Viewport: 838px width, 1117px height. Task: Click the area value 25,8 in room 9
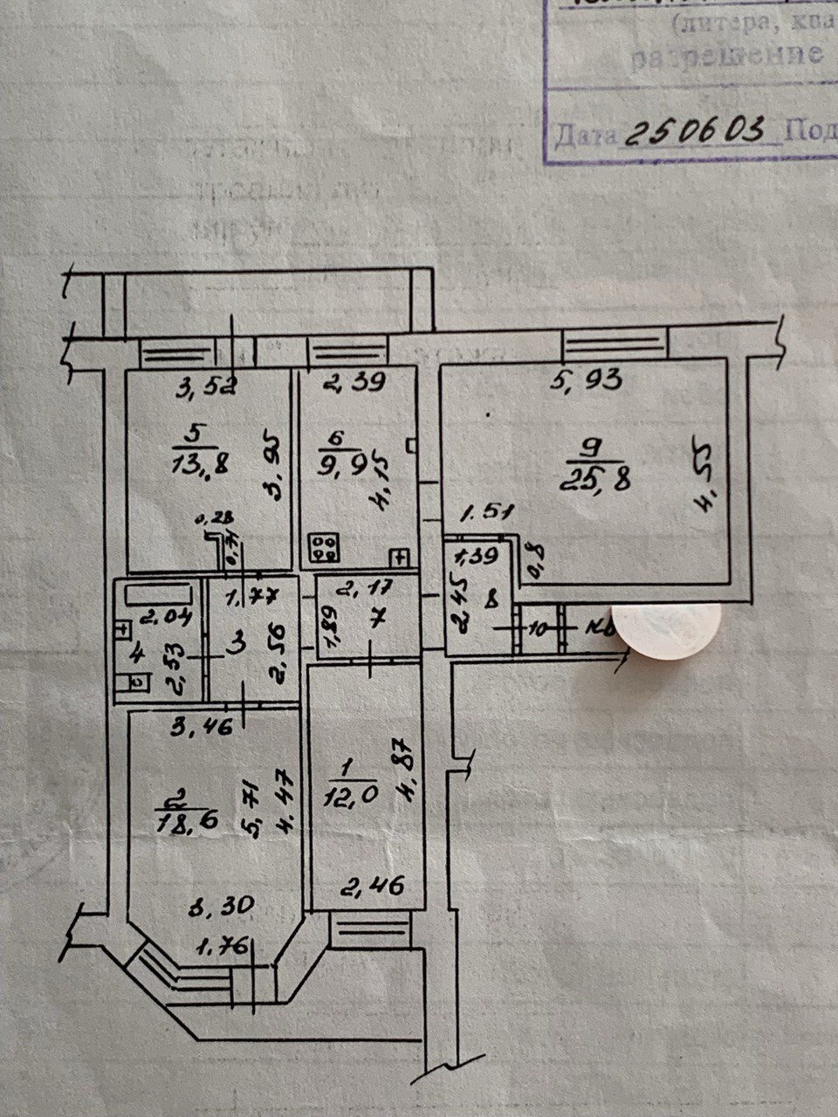(598, 478)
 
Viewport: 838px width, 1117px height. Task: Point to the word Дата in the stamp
(585, 136)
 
